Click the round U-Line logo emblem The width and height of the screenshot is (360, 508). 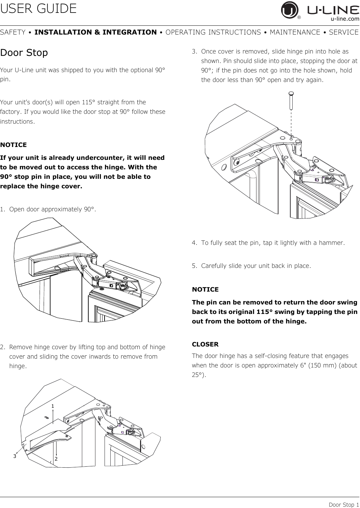[x=290, y=10]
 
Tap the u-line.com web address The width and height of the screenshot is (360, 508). [x=345, y=19]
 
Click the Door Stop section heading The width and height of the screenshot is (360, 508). [x=24, y=52]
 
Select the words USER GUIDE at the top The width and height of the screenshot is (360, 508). [x=38, y=8]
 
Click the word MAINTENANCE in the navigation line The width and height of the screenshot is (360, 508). [x=295, y=32]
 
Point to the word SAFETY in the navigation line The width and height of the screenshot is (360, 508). [x=13, y=32]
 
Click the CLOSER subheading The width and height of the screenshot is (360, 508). [x=205, y=344]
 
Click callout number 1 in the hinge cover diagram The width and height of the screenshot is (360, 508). [x=52, y=406]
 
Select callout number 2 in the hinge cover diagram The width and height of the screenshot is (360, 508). [x=56, y=459]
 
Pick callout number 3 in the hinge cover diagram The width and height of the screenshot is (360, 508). [x=15, y=456]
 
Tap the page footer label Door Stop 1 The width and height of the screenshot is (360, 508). [x=344, y=504]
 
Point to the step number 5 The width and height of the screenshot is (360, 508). [x=194, y=266]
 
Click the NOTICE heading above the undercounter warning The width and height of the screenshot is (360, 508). [x=14, y=145]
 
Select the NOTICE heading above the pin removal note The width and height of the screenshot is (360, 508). [x=205, y=289]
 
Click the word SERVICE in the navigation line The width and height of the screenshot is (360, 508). [x=344, y=32]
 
